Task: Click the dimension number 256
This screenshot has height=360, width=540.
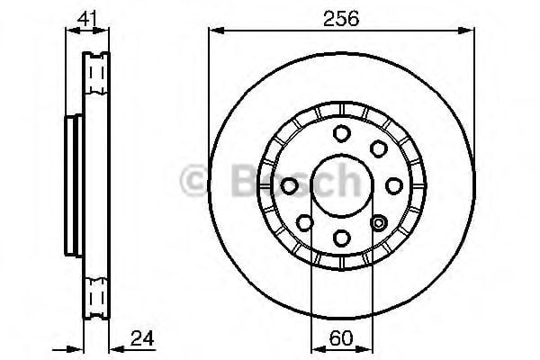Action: [x=341, y=18]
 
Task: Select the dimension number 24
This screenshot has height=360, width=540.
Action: [x=142, y=338]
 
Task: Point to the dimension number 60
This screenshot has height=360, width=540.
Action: [x=341, y=338]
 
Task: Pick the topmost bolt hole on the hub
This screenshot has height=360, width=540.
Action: [x=342, y=134]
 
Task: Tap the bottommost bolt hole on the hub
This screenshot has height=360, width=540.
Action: [x=342, y=238]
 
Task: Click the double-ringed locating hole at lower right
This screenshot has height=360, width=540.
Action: [x=379, y=223]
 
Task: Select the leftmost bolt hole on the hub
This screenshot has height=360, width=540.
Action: [x=289, y=186]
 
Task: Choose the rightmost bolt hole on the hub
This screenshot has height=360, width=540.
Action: [x=394, y=186]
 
